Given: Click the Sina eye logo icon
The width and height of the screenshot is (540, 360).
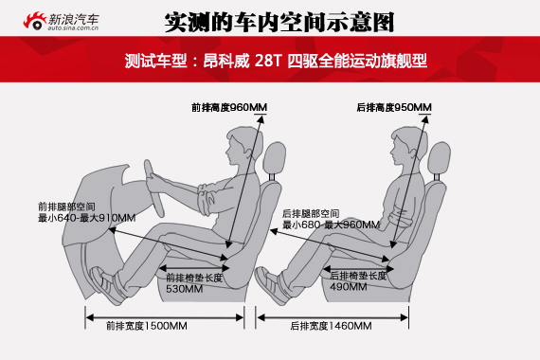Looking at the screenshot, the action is click(x=35, y=21).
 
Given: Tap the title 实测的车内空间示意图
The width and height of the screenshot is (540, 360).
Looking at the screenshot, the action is click(x=279, y=23).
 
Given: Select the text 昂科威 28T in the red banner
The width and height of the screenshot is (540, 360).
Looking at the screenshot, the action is click(x=243, y=61).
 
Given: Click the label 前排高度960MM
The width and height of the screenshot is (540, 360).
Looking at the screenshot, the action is click(x=229, y=107).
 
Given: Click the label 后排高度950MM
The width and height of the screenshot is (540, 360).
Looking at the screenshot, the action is click(x=394, y=107).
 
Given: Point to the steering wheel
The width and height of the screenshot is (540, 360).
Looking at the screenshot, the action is click(x=153, y=189).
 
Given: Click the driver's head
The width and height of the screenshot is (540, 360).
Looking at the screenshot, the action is click(x=243, y=145).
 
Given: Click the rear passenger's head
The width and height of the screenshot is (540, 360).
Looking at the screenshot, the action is click(x=408, y=145).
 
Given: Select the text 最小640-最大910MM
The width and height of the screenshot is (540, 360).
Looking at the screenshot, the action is click(x=86, y=218).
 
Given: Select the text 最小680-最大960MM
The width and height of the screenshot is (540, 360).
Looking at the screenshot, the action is click(x=331, y=225).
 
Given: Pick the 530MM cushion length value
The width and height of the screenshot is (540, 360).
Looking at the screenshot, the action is click(x=184, y=289).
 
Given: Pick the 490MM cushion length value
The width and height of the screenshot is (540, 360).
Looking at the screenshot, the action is click(x=349, y=286).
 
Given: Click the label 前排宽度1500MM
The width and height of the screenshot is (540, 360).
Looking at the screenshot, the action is click(x=147, y=326).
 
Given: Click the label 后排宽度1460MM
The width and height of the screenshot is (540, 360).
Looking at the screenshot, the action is click(x=331, y=326).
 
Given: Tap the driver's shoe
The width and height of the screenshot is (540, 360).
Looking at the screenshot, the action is click(x=107, y=285).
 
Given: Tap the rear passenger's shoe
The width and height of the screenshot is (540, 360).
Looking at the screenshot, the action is click(x=271, y=285).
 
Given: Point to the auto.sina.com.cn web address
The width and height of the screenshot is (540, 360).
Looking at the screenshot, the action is click(x=73, y=27).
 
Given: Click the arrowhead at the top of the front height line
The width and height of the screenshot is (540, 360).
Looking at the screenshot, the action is click(x=261, y=119).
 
